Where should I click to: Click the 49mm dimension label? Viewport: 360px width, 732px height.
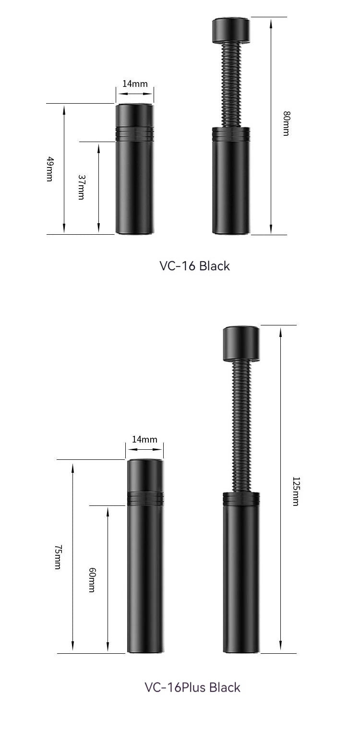pyautogui.click(x=49, y=169)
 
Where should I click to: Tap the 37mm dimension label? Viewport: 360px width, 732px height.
pyautogui.click(x=81, y=187)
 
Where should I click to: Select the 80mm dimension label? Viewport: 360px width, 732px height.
pyautogui.click(x=286, y=123)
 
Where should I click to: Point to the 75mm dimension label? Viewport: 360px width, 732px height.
pyautogui.click(x=57, y=557)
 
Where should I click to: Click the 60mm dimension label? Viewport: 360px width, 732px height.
pyautogui.click(x=92, y=579)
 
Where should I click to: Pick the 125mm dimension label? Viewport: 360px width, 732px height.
pyautogui.click(x=296, y=491)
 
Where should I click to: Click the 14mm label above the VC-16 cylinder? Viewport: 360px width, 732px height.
pyautogui.click(x=135, y=84)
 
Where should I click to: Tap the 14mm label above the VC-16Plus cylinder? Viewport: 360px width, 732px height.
pyautogui.click(x=144, y=439)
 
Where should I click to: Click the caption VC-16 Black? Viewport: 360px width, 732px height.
pyautogui.click(x=194, y=266)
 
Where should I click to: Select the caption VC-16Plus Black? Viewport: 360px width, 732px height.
pyautogui.click(x=192, y=687)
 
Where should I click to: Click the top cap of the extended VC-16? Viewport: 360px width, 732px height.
pyautogui.click(x=231, y=30)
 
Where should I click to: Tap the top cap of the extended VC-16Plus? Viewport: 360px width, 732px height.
pyautogui.click(x=241, y=344)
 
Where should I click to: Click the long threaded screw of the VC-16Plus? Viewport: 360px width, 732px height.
pyautogui.click(x=241, y=427)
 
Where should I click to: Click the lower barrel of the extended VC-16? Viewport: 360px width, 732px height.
pyautogui.click(x=231, y=187)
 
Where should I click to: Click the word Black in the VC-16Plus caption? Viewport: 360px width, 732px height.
pyautogui.click(x=225, y=687)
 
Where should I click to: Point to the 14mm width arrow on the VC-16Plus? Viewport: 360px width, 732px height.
pyautogui.click(x=144, y=450)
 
